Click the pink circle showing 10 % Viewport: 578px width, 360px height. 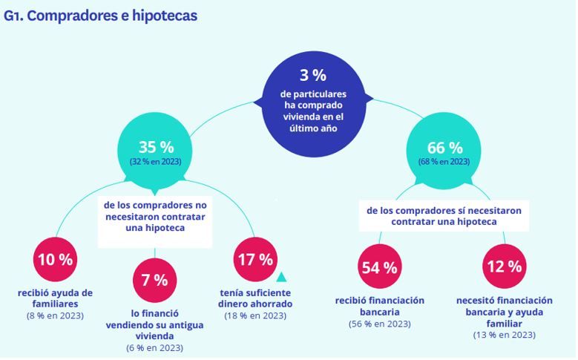(55, 260)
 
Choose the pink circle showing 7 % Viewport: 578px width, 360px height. (154, 281)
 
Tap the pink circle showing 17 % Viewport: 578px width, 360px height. (254, 260)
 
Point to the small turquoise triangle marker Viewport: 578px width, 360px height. (281, 278)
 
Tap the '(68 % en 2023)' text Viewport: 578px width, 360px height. (444, 162)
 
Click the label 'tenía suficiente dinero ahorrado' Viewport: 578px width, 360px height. (254, 298)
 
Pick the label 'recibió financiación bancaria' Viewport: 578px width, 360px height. (379, 306)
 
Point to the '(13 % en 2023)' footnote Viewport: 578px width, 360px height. (504, 336)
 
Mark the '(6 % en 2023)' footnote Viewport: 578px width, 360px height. (154, 347)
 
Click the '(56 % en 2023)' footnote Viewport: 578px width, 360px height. (379, 324)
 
